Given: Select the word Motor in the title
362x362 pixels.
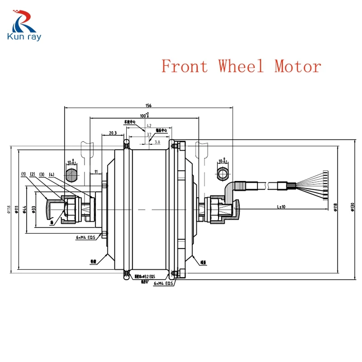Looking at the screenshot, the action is (x=297, y=67).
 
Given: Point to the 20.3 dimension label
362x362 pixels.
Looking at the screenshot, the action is (x=113, y=133).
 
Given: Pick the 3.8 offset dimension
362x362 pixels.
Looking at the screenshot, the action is (x=157, y=142).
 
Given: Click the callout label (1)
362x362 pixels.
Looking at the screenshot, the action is (x=23, y=174).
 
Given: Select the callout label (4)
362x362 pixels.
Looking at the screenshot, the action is (x=51, y=174).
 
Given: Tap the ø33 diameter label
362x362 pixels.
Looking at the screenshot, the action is (x=33, y=209).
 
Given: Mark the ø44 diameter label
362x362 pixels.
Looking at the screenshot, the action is (x=25, y=209).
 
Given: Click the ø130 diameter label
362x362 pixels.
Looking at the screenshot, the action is (x=352, y=208).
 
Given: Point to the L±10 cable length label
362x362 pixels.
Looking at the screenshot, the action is (x=281, y=207).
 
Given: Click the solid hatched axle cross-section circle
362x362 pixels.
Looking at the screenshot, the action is (x=71, y=174).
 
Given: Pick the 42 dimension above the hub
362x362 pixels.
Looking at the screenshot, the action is (x=149, y=126).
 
